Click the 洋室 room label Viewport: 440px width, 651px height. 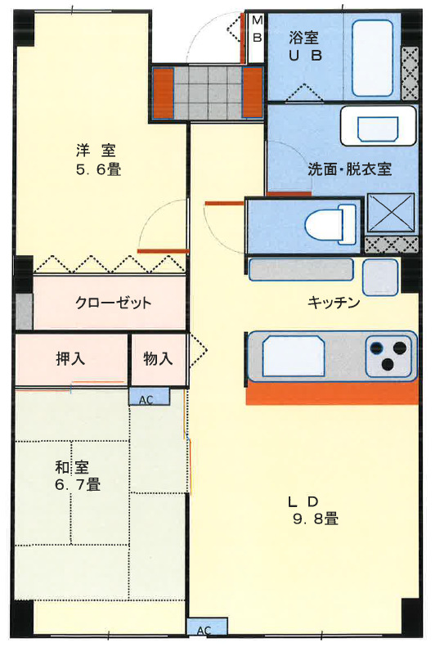[x=96, y=150]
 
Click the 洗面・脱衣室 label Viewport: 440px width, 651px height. [x=349, y=170]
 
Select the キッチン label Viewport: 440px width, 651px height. [x=334, y=303]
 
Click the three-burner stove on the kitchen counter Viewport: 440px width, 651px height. [x=387, y=356]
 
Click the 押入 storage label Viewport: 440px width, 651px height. [x=70, y=358]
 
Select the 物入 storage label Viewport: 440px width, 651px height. [x=158, y=358]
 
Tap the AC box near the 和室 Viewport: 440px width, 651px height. [x=149, y=398]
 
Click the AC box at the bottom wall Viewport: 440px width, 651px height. [x=204, y=629]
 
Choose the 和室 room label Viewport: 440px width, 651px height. [x=72, y=467]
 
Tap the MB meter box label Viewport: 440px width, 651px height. [x=256, y=29]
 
